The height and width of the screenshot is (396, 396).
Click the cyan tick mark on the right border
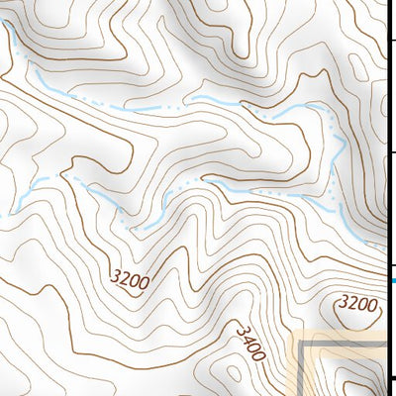click(392, 282)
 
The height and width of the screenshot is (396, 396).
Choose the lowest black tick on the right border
click(392, 377)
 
